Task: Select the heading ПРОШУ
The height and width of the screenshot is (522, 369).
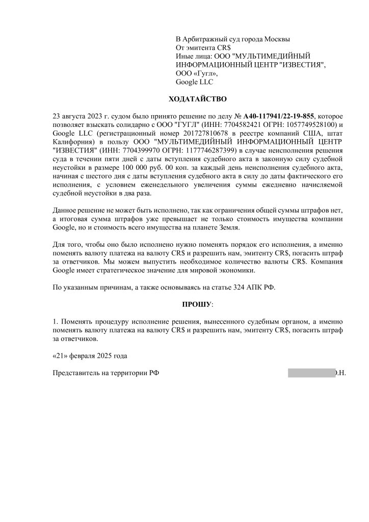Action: click(x=196, y=304)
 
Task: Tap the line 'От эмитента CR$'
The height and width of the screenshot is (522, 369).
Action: click(x=203, y=47)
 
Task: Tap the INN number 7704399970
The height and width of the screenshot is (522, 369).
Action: click(x=129, y=151)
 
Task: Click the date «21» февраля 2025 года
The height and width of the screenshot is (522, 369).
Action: click(x=90, y=355)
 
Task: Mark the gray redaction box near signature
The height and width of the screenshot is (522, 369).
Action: click(x=310, y=373)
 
